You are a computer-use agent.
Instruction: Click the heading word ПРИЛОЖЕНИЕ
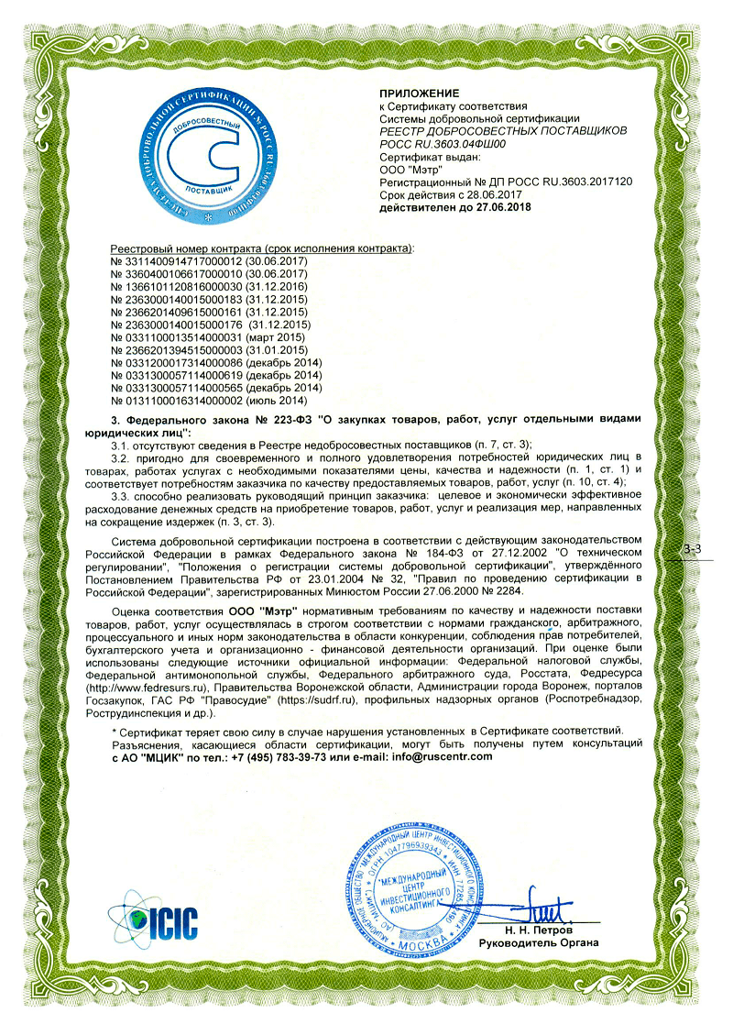tap(419, 94)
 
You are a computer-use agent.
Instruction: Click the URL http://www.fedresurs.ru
tap(161, 686)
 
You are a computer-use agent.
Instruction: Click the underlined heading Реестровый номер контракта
tap(183, 249)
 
